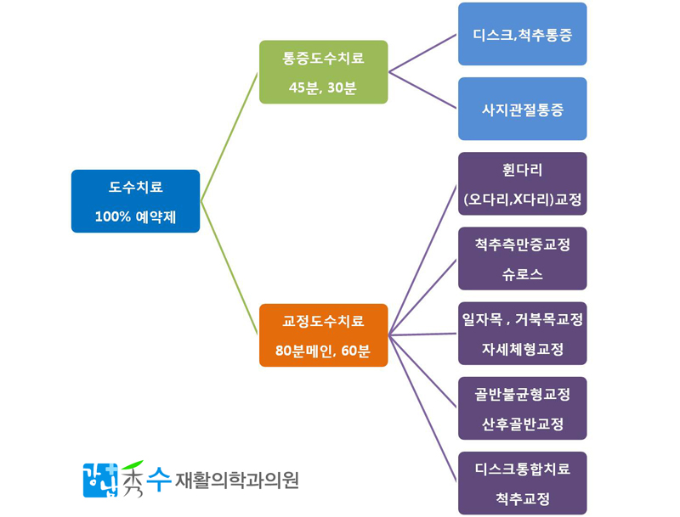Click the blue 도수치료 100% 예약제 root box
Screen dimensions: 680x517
click(x=135, y=201)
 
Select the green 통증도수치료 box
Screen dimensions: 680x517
click(x=323, y=72)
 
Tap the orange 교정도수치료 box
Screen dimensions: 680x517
click(x=323, y=335)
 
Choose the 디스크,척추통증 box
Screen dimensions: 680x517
click(x=522, y=34)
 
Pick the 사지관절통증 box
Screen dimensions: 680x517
click(x=522, y=109)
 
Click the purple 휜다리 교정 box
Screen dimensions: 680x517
click(x=522, y=183)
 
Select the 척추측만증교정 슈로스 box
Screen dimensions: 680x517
click(x=522, y=258)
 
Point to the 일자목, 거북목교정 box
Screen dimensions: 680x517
click(x=522, y=334)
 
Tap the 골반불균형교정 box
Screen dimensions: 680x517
click(x=522, y=408)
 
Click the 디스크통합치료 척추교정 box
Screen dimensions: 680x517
click(x=522, y=483)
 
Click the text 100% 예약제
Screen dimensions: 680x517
click(x=135, y=216)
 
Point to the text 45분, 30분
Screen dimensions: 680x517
click(x=323, y=88)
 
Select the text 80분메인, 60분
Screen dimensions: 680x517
click(x=323, y=351)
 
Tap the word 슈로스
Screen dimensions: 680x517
click(x=522, y=274)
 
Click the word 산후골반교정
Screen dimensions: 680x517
click(x=522, y=424)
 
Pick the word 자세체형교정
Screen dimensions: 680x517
click(x=522, y=349)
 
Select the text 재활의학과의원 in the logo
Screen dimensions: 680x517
click(x=236, y=480)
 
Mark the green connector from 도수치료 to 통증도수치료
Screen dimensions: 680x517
click(x=229, y=137)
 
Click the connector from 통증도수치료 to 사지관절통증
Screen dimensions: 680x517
click(x=422, y=90)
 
